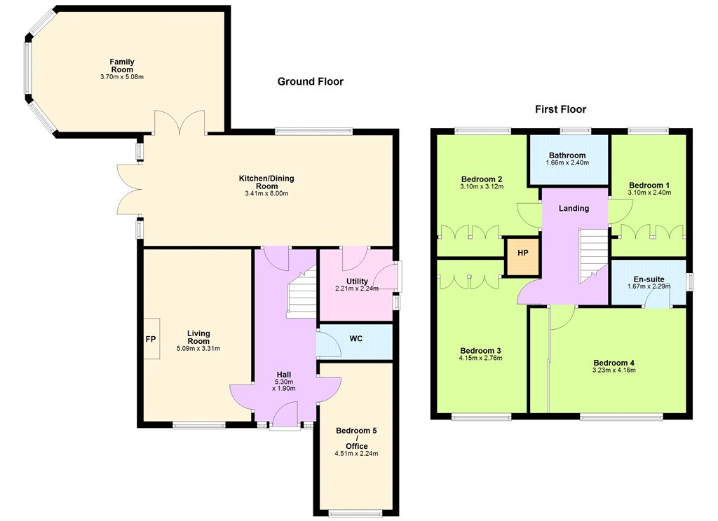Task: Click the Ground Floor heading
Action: (x=311, y=82)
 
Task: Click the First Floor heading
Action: (x=560, y=109)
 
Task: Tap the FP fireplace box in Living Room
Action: (x=151, y=338)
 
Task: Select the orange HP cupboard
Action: (x=522, y=256)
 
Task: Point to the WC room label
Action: (x=355, y=338)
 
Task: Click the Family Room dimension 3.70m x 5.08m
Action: (x=122, y=77)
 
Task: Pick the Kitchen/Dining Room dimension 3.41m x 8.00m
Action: (x=266, y=193)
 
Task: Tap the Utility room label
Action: (x=357, y=281)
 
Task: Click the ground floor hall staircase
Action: (x=302, y=292)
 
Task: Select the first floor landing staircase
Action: (x=594, y=256)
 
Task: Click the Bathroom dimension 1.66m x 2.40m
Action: (x=567, y=163)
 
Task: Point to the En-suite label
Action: (x=649, y=279)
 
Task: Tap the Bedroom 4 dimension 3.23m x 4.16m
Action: (x=614, y=370)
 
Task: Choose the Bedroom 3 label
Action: (x=480, y=350)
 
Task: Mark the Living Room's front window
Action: (x=199, y=425)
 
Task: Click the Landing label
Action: (x=574, y=209)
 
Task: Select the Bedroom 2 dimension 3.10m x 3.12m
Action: (x=482, y=187)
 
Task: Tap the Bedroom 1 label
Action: (x=649, y=186)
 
